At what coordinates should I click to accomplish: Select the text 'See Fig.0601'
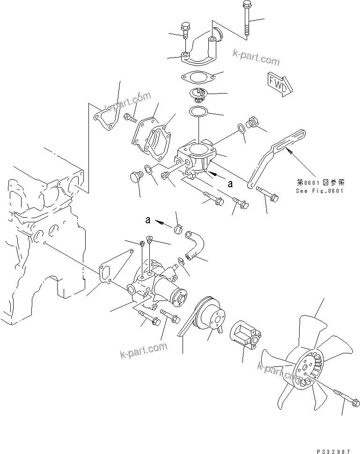point(320,190)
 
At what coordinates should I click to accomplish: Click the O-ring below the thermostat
point(198,112)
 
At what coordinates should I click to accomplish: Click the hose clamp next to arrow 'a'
point(178,229)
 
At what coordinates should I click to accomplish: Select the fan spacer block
point(245,333)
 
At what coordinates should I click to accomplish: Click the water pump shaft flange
point(178,295)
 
